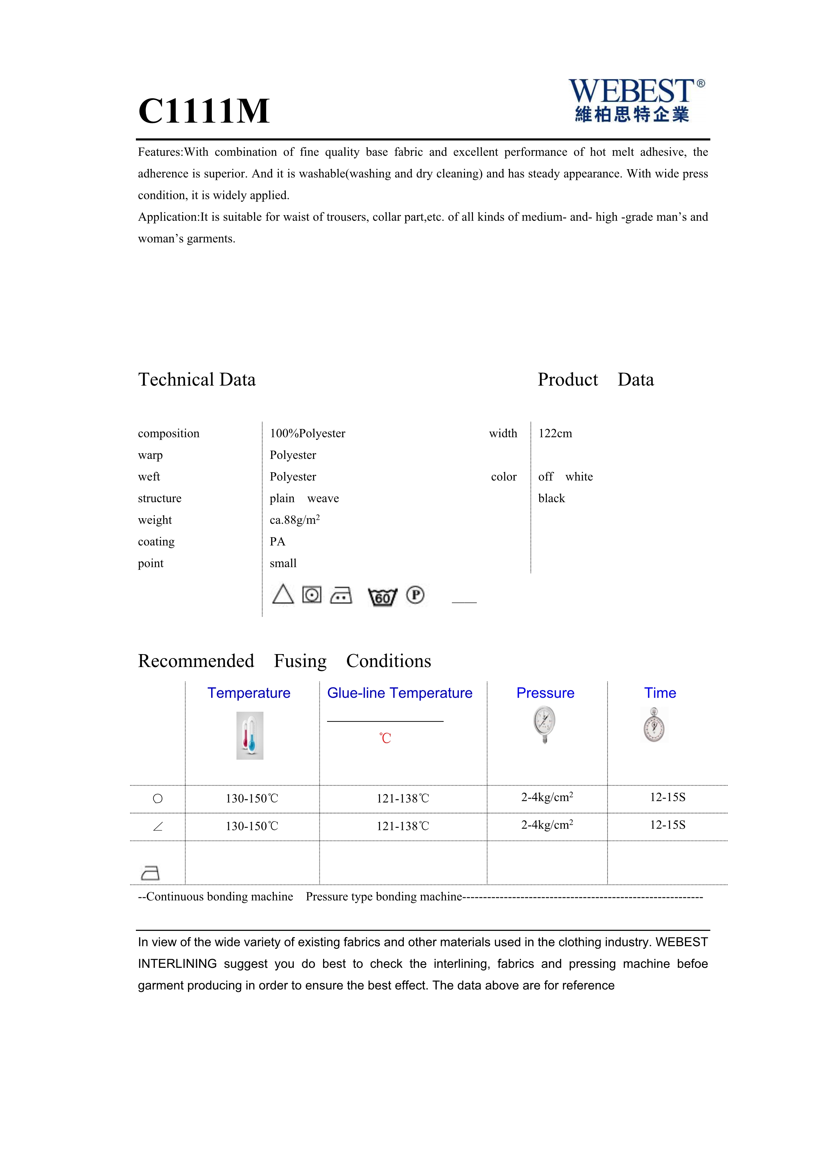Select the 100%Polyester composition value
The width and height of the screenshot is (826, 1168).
(307, 433)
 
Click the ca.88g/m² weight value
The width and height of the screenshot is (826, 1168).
(294, 520)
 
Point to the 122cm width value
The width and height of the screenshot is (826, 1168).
(555, 433)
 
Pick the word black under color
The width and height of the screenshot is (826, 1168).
(551, 499)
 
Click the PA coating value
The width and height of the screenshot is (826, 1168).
(277, 542)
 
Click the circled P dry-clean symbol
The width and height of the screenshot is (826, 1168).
(415, 595)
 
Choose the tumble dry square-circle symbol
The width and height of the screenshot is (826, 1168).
(312, 595)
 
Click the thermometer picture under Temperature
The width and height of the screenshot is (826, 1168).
(250, 736)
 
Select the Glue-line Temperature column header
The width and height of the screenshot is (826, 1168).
(399, 693)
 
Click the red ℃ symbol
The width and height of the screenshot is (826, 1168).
(385, 738)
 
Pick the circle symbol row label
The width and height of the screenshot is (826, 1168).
(158, 799)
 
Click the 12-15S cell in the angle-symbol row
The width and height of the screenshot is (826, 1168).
(667, 825)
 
